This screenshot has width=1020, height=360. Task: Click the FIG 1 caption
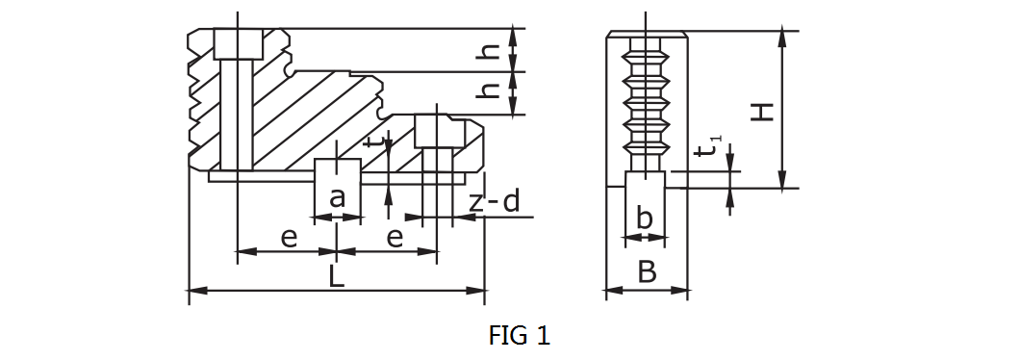[519, 335]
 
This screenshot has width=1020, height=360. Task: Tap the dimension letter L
[336, 276]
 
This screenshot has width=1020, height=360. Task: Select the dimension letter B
[647, 272]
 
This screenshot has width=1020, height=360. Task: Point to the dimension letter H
[762, 112]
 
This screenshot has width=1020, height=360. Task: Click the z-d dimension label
[495, 202]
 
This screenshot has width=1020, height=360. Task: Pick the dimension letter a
[337, 197]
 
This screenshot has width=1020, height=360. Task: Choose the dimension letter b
[644, 219]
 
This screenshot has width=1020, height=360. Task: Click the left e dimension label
[289, 239]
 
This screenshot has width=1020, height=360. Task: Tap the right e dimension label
[395, 239]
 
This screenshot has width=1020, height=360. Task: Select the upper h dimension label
[490, 49]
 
